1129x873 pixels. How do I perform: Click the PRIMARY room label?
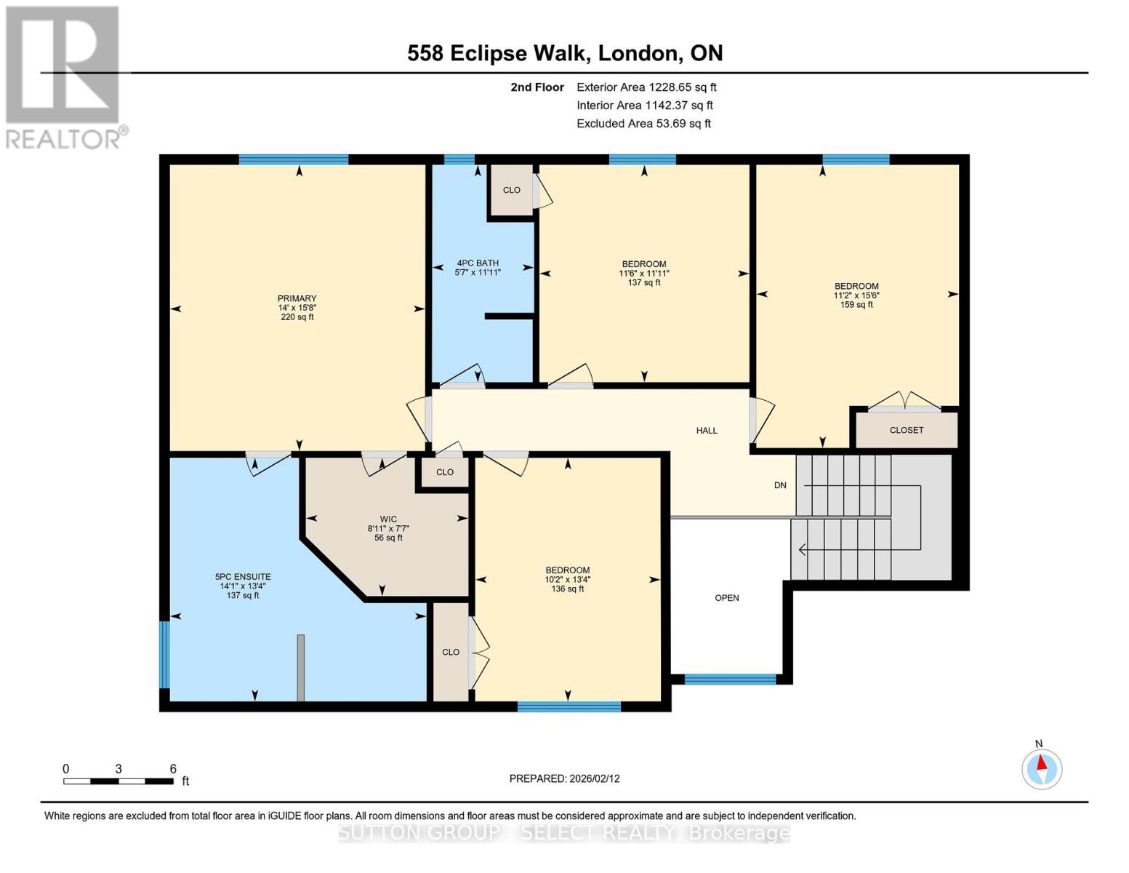[x=297, y=298]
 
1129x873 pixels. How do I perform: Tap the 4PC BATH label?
[x=478, y=263]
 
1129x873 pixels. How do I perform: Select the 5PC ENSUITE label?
[x=243, y=577]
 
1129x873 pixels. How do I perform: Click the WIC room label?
[x=388, y=519]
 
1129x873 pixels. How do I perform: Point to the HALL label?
[x=707, y=431]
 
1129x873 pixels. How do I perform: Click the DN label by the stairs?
[x=780, y=485]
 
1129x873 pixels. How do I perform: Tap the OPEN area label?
[x=727, y=598]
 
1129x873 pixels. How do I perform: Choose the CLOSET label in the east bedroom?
[x=907, y=431]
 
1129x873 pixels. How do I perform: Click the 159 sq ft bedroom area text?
[x=856, y=305]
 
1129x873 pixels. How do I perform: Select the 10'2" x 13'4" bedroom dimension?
[x=568, y=580]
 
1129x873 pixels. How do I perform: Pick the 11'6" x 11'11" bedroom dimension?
[x=644, y=274]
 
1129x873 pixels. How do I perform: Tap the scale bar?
[x=118, y=781]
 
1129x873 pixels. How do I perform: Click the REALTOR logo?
[x=64, y=76]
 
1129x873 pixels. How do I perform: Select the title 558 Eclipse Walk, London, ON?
[x=565, y=53]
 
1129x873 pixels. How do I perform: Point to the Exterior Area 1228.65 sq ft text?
[x=646, y=87]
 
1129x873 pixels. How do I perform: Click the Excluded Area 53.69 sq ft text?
[x=643, y=124]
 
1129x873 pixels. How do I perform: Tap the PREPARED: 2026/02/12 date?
[x=564, y=778]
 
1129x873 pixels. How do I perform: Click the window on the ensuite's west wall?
[x=164, y=654]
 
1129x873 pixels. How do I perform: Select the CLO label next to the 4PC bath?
[x=512, y=190]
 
